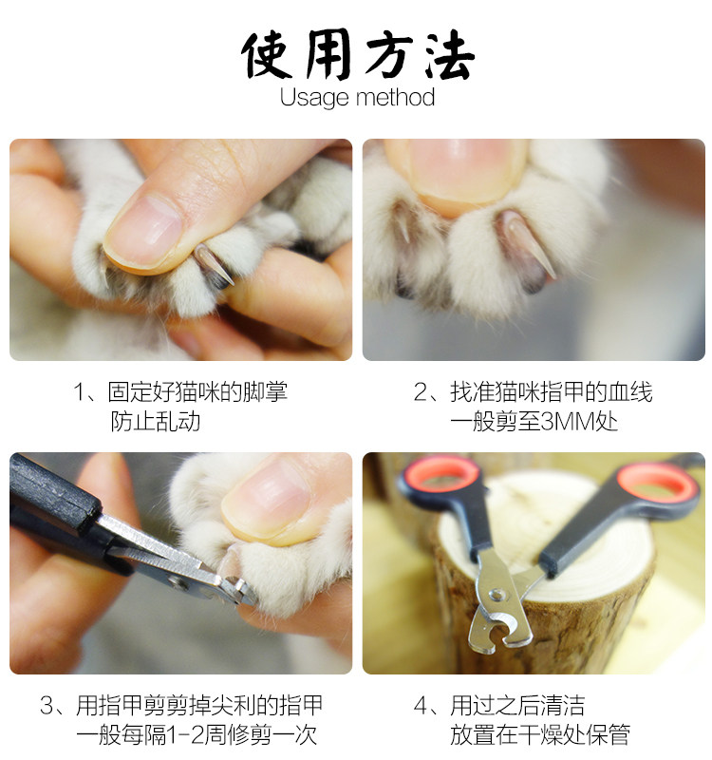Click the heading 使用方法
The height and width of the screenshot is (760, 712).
357,54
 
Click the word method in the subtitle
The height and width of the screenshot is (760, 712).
395,97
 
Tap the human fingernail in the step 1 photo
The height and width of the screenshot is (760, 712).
144,230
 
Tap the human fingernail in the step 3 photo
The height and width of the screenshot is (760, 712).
268,500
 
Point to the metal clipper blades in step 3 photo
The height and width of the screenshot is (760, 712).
184,562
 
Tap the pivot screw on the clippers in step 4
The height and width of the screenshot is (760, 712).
495,595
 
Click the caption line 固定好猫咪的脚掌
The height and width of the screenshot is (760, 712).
197,391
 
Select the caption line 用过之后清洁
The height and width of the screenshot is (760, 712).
517,705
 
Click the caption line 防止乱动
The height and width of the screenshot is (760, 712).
155,422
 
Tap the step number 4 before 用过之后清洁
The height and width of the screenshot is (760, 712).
420,706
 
